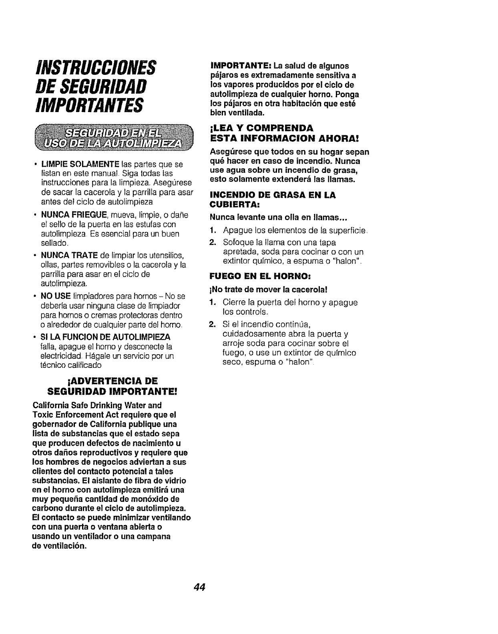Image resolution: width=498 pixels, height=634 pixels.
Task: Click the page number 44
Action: pos(199,587)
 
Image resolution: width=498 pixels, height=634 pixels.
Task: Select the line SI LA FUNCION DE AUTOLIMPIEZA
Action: pos(105,336)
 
